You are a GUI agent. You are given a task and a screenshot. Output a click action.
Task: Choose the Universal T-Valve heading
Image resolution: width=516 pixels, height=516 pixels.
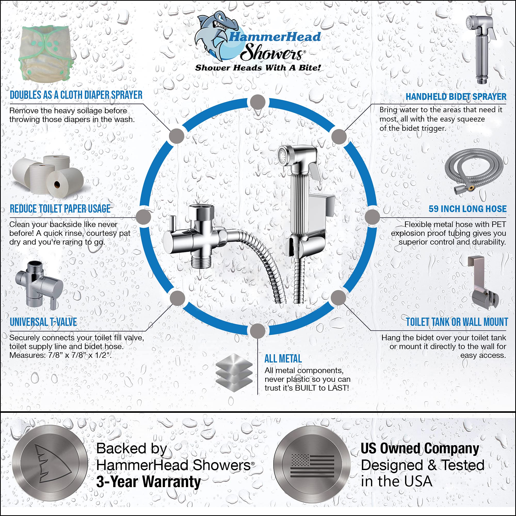point(43,322)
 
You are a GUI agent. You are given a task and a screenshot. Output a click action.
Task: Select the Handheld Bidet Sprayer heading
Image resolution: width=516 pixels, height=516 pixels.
point(456,97)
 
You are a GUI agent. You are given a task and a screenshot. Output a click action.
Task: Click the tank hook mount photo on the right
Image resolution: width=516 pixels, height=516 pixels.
point(483,283)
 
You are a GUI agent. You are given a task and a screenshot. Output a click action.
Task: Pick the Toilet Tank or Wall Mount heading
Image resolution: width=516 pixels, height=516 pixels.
point(457,322)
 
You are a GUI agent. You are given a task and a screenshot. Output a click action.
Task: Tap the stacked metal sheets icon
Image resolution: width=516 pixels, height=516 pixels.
point(234,373)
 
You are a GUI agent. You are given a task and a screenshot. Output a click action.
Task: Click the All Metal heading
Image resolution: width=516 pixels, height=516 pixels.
point(283,359)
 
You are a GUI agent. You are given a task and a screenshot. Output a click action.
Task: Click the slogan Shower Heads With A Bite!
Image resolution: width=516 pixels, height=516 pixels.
point(258,68)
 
